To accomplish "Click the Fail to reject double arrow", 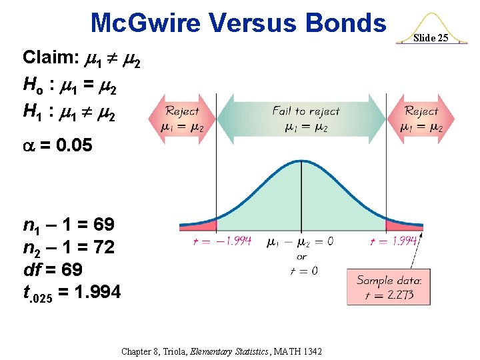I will point(305,119).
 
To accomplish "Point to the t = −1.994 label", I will point(221,241).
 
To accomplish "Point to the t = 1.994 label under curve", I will point(393,241).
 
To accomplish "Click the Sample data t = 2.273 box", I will point(389,287).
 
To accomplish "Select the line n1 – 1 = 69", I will point(69,224).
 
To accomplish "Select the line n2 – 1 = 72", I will point(69,247).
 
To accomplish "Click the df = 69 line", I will point(53,269).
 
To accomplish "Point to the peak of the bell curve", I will point(301,161).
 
